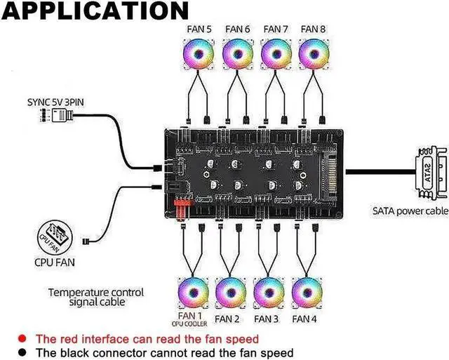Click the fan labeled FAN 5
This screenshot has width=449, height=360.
(199, 54)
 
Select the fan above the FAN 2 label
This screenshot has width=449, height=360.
(231, 293)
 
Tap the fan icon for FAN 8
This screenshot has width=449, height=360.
(314, 54)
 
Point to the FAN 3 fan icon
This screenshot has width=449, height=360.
(269, 293)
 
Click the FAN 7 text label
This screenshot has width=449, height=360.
(276, 29)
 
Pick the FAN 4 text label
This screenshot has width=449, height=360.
(304, 319)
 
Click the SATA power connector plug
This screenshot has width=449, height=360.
(431, 173)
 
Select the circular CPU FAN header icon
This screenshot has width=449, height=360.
(55, 237)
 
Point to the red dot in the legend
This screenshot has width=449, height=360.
(22, 339)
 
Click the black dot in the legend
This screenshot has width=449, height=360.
(22, 352)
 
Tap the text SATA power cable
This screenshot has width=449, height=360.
(410, 211)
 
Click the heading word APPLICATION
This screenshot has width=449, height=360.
(95, 11)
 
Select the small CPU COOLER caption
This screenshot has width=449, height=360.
(189, 324)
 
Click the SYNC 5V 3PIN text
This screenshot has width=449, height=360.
(55, 102)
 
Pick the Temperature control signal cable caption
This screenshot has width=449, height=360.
(96, 297)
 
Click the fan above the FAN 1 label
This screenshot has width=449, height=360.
(194, 293)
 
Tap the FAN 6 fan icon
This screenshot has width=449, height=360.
(238, 54)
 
